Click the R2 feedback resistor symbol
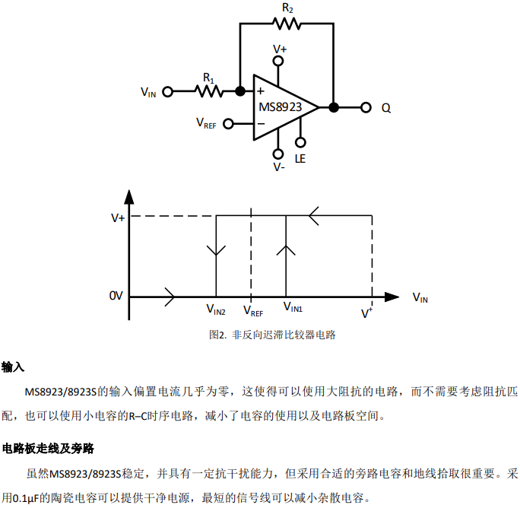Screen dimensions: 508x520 coord(286,23)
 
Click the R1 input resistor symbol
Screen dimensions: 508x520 coord(208,91)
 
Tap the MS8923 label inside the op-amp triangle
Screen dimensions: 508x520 coord(280,107)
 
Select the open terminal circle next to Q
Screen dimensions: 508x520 coord(366,107)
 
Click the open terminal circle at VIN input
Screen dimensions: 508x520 coord(169,91)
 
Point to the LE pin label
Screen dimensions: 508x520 coord(300,158)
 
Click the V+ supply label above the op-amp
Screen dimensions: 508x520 coord(280,48)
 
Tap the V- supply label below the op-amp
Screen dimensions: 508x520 coord(279,167)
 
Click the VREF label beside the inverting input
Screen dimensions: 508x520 coord(206,122)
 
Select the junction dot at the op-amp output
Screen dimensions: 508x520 coord(333,107)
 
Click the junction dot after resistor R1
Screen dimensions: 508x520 coord(240,91)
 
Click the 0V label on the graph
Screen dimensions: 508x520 coord(116,295)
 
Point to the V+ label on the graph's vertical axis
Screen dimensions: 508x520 coord(118,217)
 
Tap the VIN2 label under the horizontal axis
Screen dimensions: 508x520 coord(216,309)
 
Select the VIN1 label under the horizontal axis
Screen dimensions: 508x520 coord(293,307)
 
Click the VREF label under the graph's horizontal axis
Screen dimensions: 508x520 coord(252,310)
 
